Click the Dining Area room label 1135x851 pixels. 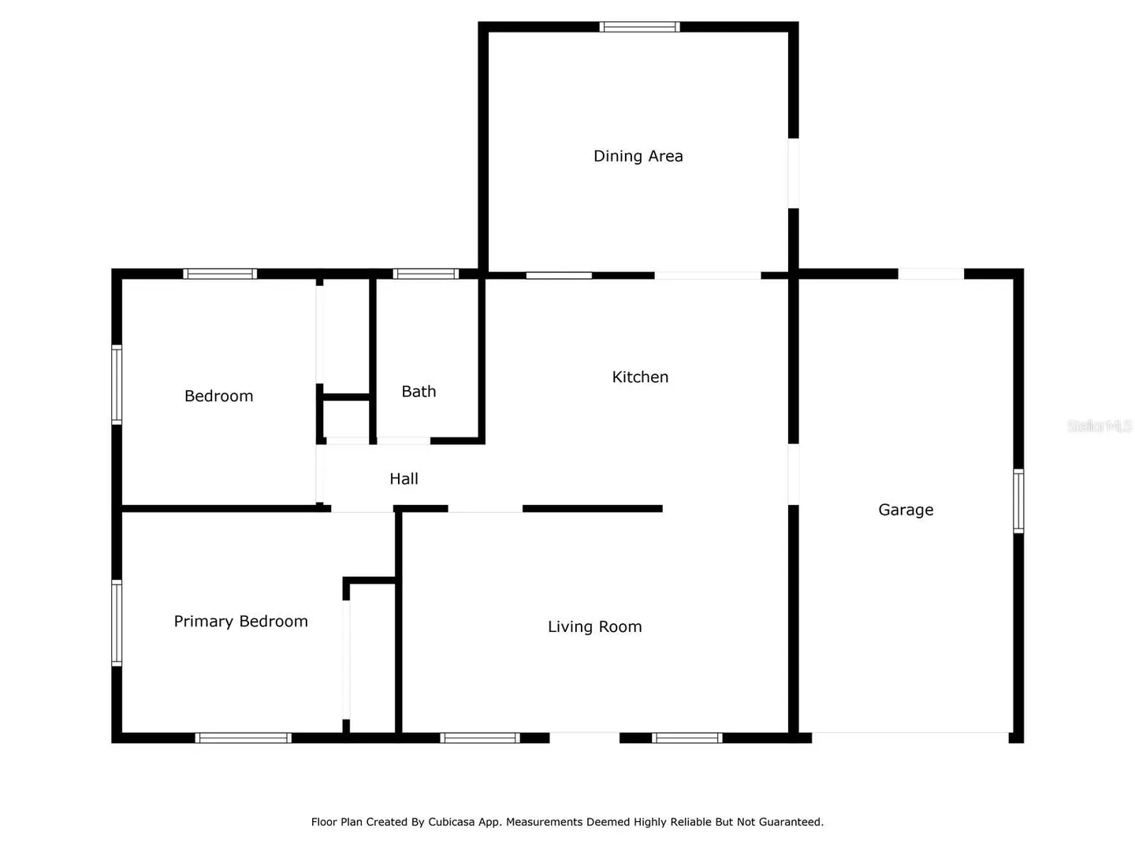coord(638,156)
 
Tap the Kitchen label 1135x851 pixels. coord(640,377)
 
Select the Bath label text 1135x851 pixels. coord(419,391)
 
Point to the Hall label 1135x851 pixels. coord(404,478)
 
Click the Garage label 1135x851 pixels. coord(906,510)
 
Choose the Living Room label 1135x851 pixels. coord(594,626)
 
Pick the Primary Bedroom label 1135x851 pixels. coord(240,621)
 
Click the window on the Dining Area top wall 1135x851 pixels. coord(640,27)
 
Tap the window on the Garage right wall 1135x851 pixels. coord(1018,500)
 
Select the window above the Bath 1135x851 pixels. coord(426,274)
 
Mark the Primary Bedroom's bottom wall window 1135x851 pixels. coord(243,738)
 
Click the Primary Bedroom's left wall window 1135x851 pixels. coord(117,622)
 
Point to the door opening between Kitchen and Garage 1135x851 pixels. coord(793,474)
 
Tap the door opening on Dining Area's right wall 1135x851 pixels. coord(793,173)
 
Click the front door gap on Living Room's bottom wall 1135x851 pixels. coord(584,738)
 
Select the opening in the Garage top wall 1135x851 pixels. coord(931,274)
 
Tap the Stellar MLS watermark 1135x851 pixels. coord(1100,425)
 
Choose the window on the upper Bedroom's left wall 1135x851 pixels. coord(117,385)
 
